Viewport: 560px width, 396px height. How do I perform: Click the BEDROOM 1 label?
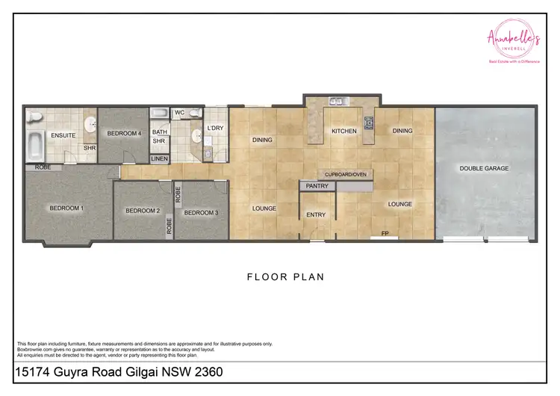(66, 208)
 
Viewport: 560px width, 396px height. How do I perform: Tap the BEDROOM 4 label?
(124, 133)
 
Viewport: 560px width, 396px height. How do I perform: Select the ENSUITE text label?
(63, 135)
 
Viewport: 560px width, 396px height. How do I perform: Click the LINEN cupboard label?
(160, 158)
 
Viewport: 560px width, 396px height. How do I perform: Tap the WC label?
(179, 113)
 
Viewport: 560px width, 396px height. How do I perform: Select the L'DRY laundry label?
(215, 129)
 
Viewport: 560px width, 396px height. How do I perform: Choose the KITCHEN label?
(344, 131)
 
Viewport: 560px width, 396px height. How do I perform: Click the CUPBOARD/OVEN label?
(345, 174)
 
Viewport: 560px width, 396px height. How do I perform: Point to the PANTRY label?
(317, 186)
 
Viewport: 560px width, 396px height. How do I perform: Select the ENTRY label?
(317, 214)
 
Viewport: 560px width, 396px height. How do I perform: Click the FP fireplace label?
(385, 233)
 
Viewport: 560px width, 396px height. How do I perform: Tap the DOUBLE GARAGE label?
(484, 168)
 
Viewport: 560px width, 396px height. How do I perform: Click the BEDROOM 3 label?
(201, 212)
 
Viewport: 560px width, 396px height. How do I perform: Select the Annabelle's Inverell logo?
(512, 40)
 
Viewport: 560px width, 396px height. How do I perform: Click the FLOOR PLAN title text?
(285, 276)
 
